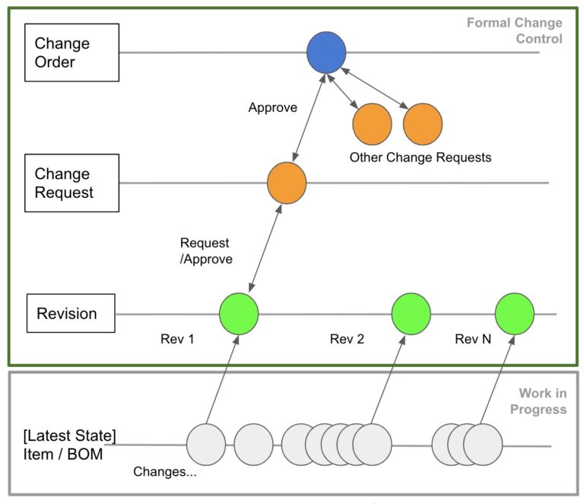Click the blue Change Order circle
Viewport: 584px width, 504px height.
(x=326, y=53)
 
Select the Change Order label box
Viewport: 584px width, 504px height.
(x=72, y=53)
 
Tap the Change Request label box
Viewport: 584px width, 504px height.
(x=72, y=183)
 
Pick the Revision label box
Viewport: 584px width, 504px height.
(x=71, y=313)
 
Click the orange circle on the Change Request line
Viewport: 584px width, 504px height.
(x=287, y=183)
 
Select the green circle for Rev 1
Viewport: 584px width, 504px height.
(x=239, y=314)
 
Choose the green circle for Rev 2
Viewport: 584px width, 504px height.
(x=411, y=314)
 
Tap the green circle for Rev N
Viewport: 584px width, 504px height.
(x=515, y=314)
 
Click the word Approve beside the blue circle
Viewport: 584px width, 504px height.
(x=273, y=107)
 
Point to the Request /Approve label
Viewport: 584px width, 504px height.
(x=206, y=251)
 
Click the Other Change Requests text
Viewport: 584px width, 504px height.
(x=421, y=158)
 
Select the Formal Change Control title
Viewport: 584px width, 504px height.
(x=515, y=30)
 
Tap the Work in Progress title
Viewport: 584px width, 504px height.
(x=538, y=401)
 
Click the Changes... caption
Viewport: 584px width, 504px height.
(x=165, y=471)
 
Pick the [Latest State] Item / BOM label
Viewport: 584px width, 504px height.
(x=70, y=445)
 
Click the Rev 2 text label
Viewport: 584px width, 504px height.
(x=347, y=339)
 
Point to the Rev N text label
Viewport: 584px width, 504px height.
(x=473, y=339)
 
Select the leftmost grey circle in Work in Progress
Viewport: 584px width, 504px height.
(x=206, y=445)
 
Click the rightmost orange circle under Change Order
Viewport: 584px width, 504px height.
(x=423, y=124)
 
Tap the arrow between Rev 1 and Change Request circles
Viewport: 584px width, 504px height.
(x=265, y=248)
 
